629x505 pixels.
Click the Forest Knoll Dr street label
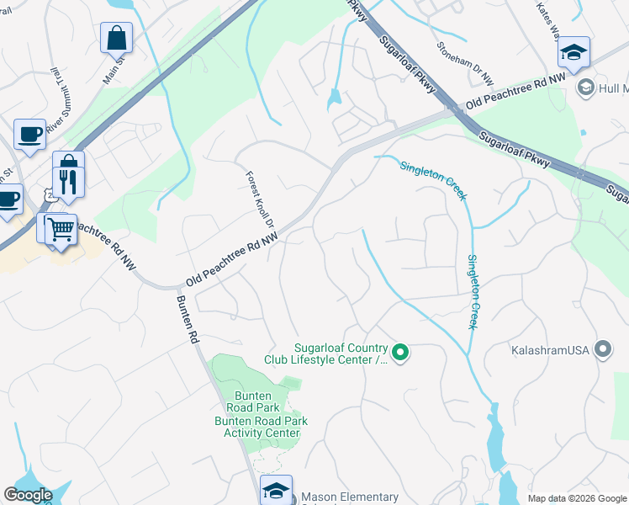coord(261,198)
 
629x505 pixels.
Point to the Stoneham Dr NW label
coord(464,63)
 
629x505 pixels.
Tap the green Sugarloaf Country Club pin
coord(401,353)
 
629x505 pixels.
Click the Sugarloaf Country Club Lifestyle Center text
coord(340,354)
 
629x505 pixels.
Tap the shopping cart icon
coord(60,226)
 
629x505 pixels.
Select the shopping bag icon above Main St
coord(116,37)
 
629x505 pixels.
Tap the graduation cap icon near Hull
coord(573,52)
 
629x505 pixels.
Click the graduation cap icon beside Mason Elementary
coord(276,490)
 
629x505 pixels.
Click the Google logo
coord(29,495)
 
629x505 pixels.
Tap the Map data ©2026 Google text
coord(576,498)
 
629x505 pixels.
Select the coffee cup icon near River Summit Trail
coord(29,135)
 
